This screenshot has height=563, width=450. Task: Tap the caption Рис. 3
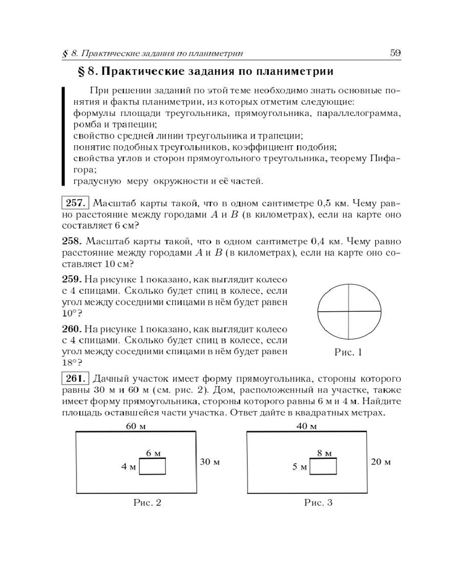point(318,503)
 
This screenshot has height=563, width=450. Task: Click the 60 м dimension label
point(136,426)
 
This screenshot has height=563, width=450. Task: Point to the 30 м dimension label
point(209,462)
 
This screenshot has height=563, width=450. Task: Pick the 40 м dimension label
point(307,426)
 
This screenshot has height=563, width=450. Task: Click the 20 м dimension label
point(381,462)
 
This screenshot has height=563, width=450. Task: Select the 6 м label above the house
point(154,453)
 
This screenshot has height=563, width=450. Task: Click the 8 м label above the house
point(324,453)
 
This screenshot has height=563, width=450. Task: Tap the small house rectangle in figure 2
point(152,467)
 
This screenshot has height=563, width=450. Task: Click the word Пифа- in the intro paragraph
point(385,159)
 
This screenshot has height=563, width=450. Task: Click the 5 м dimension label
point(299,467)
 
